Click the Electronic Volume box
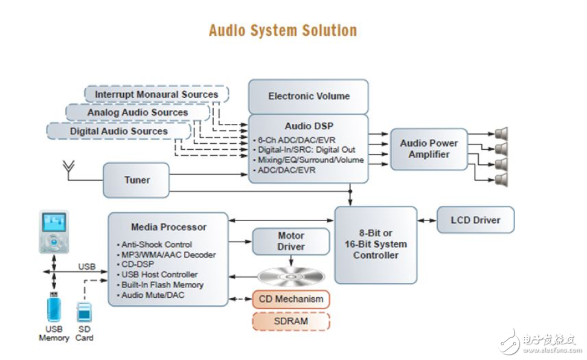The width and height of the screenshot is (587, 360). coord(309,96)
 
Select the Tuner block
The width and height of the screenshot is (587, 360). coord(136,180)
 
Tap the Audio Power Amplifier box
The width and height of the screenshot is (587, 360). coord(429,149)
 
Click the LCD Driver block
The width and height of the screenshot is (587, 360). coord(475,220)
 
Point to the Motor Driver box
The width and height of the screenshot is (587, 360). coord(291,241)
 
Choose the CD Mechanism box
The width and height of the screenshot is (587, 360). coord(291,299)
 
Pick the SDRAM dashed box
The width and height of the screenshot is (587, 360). coord(291,321)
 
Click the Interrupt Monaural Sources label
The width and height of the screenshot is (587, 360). coord(156,95)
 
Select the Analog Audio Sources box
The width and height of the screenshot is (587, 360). coord(138,113)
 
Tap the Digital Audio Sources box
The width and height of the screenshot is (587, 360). coord(119,131)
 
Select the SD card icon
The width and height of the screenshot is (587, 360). coord(84,312)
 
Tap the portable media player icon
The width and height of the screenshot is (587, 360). coord(54,231)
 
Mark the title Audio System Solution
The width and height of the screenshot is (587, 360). coord(283,30)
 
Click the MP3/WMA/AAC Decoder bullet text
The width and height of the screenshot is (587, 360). coord(168,255)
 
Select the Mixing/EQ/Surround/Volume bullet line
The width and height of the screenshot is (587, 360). coord(310,160)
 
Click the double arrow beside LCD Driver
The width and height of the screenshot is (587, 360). coord(426,220)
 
